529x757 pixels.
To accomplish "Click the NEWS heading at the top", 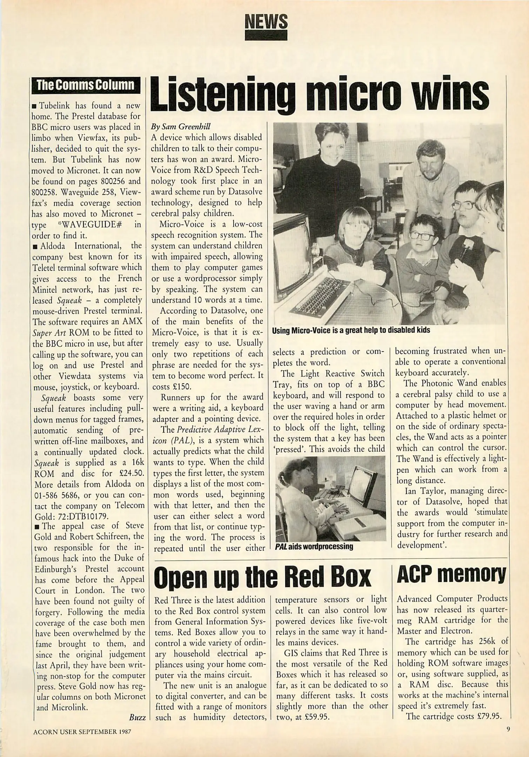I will tap(266, 22).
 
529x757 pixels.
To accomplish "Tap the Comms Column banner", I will tap(85, 85).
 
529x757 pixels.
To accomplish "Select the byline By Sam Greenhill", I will tap(181, 127).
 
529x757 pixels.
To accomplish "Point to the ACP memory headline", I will tap(451, 574).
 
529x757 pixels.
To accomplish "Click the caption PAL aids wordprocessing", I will tap(314, 546).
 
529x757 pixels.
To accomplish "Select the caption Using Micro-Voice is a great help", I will tap(351, 330).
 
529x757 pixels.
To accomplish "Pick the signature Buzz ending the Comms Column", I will tap(137, 717).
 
